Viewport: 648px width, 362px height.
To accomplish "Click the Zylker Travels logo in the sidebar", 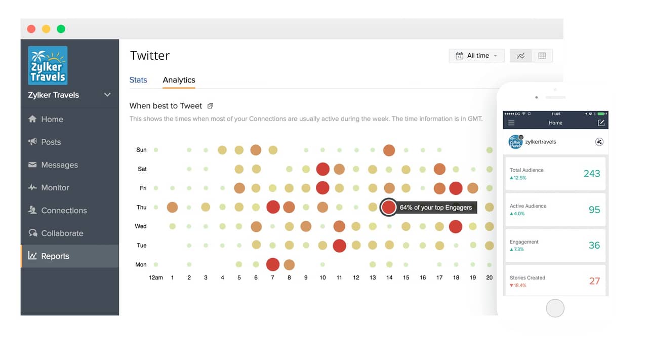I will coord(48,65).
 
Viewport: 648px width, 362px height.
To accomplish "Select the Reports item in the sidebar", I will coord(55,256).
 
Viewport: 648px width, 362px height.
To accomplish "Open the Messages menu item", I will coord(59,165).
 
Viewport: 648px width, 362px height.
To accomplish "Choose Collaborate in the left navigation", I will coord(62,233).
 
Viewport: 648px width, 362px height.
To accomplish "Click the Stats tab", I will coord(138,80).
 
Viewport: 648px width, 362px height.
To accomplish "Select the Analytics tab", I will coord(179,80).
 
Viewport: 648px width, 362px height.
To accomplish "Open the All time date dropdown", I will coord(477,56).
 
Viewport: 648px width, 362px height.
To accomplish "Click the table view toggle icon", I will coord(542,56).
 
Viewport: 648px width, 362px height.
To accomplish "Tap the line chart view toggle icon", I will coord(521,56).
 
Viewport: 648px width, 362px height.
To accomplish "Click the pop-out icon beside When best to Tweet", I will coord(211,106).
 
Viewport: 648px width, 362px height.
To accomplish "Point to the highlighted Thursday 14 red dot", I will coord(388,207).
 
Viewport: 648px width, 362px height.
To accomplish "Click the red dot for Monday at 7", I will coord(273,264).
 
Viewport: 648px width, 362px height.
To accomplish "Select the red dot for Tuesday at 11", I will coord(339,246).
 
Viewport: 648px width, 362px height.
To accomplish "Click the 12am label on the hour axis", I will coord(155,277).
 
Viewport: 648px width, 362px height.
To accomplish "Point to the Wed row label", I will coord(141,226).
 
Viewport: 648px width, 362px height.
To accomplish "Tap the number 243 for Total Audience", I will coord(591,174).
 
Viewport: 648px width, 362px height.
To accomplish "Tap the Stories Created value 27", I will coord(594,281).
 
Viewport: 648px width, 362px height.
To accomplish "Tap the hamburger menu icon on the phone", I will coord(511,123).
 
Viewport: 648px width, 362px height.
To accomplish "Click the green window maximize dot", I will coord(61,29).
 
